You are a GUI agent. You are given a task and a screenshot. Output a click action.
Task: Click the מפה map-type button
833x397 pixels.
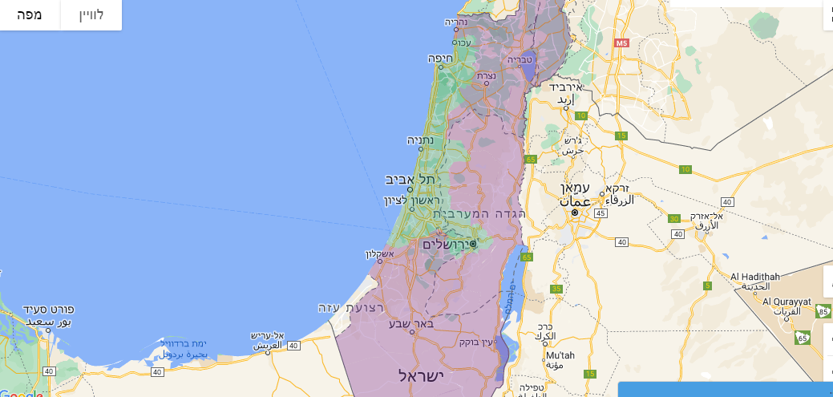[30, 14]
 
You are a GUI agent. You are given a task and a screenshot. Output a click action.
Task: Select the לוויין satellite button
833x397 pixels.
[91, 14]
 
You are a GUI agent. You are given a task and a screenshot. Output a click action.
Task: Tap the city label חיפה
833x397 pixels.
[441, 58]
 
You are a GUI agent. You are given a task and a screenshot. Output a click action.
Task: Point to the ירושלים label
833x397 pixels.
[446, 243]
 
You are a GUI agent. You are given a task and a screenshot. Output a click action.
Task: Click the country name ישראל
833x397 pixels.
[421, 375]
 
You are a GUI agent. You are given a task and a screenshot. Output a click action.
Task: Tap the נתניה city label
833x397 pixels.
[420, 140]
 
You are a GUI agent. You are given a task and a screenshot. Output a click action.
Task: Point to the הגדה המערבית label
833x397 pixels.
[479, 214]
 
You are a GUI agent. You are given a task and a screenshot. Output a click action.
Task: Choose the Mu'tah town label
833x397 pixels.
[560, 355]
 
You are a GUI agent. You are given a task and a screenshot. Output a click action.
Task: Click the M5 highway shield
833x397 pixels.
[622, 43]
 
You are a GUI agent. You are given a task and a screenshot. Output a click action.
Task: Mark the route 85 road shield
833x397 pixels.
[823, 310]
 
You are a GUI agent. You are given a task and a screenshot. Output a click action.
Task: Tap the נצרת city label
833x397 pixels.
[486, 75]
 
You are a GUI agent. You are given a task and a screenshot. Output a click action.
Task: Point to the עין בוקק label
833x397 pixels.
[475, 342]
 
